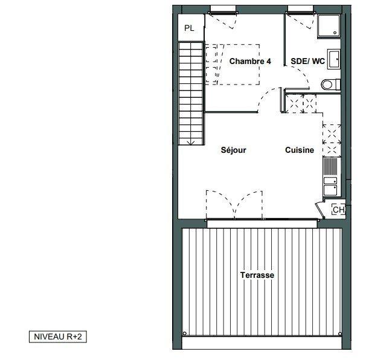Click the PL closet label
(189, 28)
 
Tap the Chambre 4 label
(250, 61)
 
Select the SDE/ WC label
(307, 61)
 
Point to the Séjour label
(233, 150)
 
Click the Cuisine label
(300, 150)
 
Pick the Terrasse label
(257, 275)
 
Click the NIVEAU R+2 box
(58, 336)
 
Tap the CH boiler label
(338, 210)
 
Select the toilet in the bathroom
(330, 85)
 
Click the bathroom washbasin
(334, 59)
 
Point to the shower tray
(329, 26)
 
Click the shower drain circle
(335, 33)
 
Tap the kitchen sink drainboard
(330, 167)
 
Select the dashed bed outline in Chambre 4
(233, 65)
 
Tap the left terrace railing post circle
(184, 333)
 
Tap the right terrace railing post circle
(340, 333)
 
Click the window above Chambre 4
(223, 10)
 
